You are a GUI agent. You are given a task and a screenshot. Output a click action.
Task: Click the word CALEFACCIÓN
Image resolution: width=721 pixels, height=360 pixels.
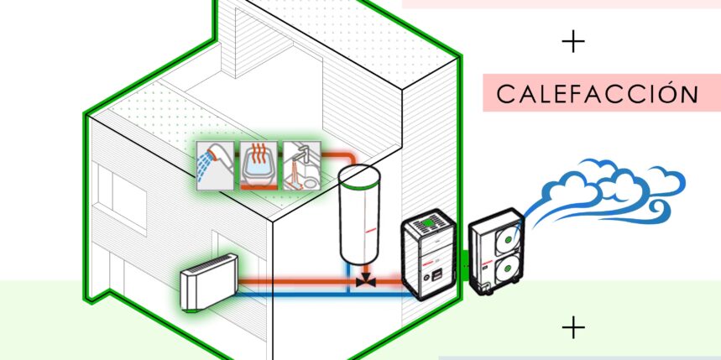(x=597, y=94)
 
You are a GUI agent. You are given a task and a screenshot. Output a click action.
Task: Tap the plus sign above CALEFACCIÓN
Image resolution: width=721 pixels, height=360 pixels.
(x=573, y=42)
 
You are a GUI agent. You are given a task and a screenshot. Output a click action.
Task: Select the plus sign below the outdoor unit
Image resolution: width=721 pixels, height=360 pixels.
(x=573, y=327)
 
